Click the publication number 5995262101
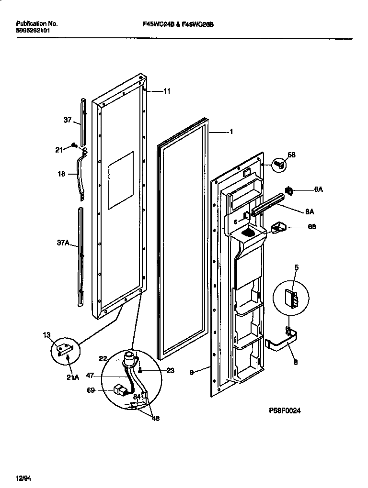click(x=32, y=30)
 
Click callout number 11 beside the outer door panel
click(x=166, y=91)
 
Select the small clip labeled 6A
click(x=289, y=191)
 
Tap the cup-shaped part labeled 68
click(x=278, y=228)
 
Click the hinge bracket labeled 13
click(x=65, y=349)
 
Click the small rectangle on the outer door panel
click(x=120, y=181)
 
